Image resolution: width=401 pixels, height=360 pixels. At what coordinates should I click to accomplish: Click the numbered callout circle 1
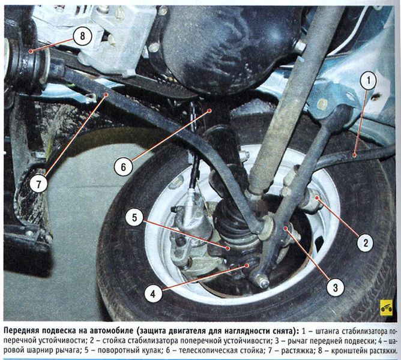tap(369, 81)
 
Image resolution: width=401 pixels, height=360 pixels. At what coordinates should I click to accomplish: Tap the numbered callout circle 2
tap(366, 242)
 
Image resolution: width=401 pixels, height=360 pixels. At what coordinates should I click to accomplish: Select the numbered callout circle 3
tap(336, 287)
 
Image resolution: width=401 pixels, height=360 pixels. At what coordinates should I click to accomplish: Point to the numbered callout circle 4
tap(153, 294)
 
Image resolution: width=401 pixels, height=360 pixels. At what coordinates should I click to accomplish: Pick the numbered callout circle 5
tap(134, 217)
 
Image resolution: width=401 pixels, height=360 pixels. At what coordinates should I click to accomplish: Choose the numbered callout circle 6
tap(124, 167)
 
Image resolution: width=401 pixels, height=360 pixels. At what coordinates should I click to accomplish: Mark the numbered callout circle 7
tap(38, 184)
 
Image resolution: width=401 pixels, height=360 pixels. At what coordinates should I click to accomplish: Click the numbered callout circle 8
tap(82, 35)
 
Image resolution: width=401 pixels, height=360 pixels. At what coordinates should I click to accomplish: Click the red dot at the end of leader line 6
tap(209, 110)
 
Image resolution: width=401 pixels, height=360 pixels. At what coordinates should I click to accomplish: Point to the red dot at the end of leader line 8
tap(31, 52)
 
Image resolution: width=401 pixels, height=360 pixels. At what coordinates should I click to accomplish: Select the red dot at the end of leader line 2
tap(317, 197)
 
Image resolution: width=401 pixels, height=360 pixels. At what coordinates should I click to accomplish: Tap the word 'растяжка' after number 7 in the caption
tap(298, 350)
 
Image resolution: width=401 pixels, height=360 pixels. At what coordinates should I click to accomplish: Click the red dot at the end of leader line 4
tap(247, 265)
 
